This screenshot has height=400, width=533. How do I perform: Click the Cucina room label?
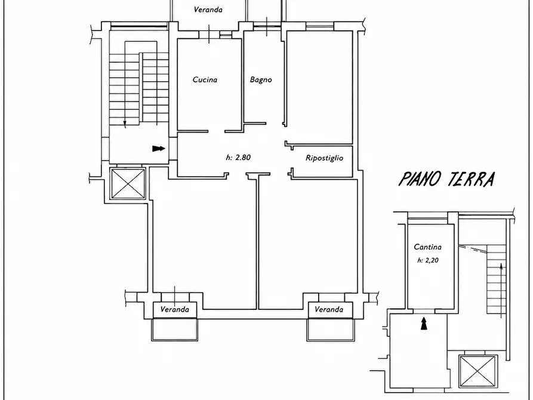click(x=205, y=79)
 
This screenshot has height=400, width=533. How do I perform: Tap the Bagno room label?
click(x=261, y=79)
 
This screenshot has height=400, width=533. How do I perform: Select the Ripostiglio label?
click(x=324, y=158)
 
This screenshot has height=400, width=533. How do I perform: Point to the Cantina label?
click(x=427, y=247)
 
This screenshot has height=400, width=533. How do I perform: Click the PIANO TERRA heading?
click(x=446, y=179)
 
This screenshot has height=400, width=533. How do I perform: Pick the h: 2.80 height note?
click(x=238, y=157)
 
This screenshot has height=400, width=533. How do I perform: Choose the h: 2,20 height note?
click(x=427, y=260)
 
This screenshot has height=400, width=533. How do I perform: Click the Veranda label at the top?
click(x=208, y=10)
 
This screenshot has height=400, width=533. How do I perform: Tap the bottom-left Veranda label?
click(x=174, y=309)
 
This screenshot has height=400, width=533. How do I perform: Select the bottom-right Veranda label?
click(x=329, y=309)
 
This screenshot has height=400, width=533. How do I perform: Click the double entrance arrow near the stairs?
click(x=158, y=148)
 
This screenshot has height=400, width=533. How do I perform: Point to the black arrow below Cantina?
click(x=424, y=324)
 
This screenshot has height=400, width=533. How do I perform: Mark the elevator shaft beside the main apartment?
click(x=128, y=184)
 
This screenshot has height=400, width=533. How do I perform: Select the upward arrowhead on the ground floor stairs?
click(x=501, y=267)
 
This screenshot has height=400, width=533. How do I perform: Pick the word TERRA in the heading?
click(x=471, y=179)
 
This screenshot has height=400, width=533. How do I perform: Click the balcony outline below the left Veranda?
click(x=174, y=330)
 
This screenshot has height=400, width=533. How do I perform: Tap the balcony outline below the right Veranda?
click(x=331, y=330)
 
